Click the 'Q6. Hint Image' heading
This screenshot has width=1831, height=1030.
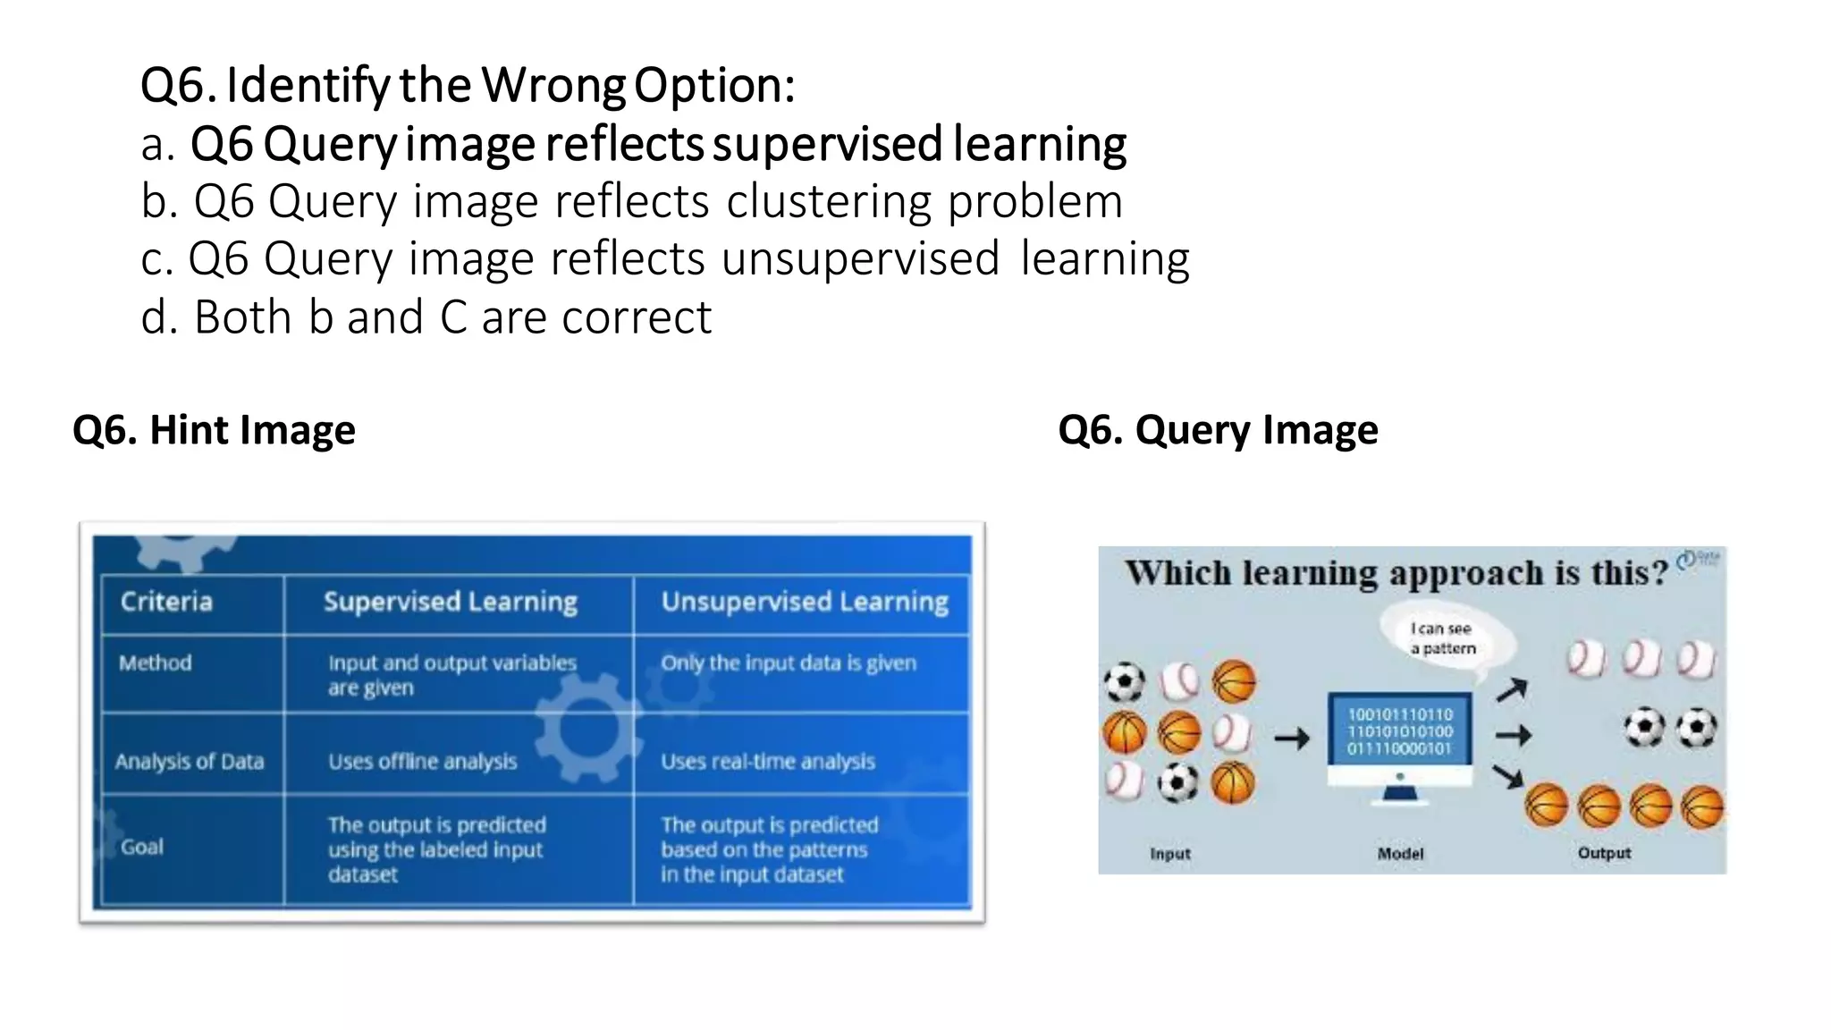click(214, 430)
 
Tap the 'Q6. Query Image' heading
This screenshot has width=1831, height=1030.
click(1218, 430)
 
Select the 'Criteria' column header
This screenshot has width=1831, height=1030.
click(166, 602)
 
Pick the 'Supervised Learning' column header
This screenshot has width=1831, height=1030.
click(450, 602)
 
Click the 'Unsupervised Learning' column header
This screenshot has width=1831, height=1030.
click(805, 602)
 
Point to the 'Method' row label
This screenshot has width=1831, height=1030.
click(156, 663)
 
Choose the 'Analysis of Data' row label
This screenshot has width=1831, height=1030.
click(190, 762)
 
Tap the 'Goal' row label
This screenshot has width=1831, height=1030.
click(142, 847)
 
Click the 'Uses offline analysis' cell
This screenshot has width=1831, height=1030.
click(422, 762)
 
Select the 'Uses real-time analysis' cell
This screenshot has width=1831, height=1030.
click(768, 762)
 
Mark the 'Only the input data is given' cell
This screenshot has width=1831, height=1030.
click(789, 663)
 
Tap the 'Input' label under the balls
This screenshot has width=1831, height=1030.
click(1169, 854)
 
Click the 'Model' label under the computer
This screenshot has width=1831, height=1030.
click(1400, 854)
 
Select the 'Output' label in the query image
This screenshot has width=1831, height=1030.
click(1604, 853)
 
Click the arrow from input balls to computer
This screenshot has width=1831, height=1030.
click(1292, 739)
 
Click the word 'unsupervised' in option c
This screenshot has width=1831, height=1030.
click(860, 259)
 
